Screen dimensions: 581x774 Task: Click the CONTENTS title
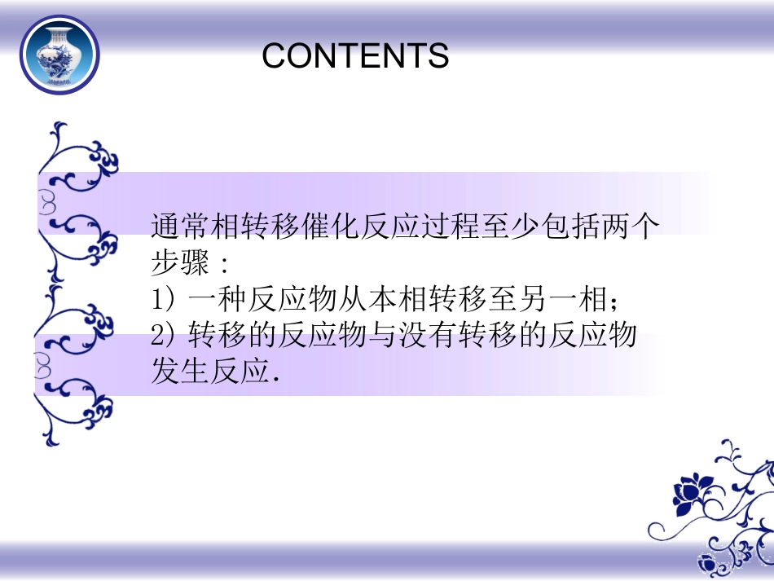click(355, 55)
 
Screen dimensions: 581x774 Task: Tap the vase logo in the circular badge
click(59, 55)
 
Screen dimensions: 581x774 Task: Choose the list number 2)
click(165, 336)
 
